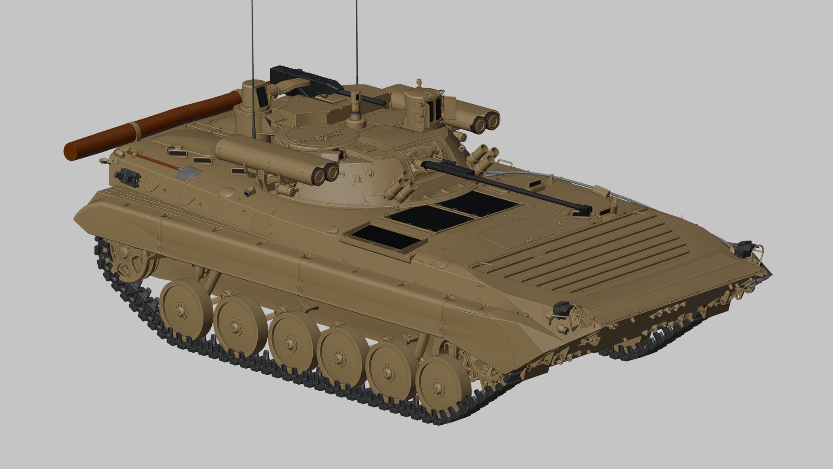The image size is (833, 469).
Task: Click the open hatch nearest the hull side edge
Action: pos(385,237)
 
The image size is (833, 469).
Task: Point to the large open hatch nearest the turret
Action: pos(477,203)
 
